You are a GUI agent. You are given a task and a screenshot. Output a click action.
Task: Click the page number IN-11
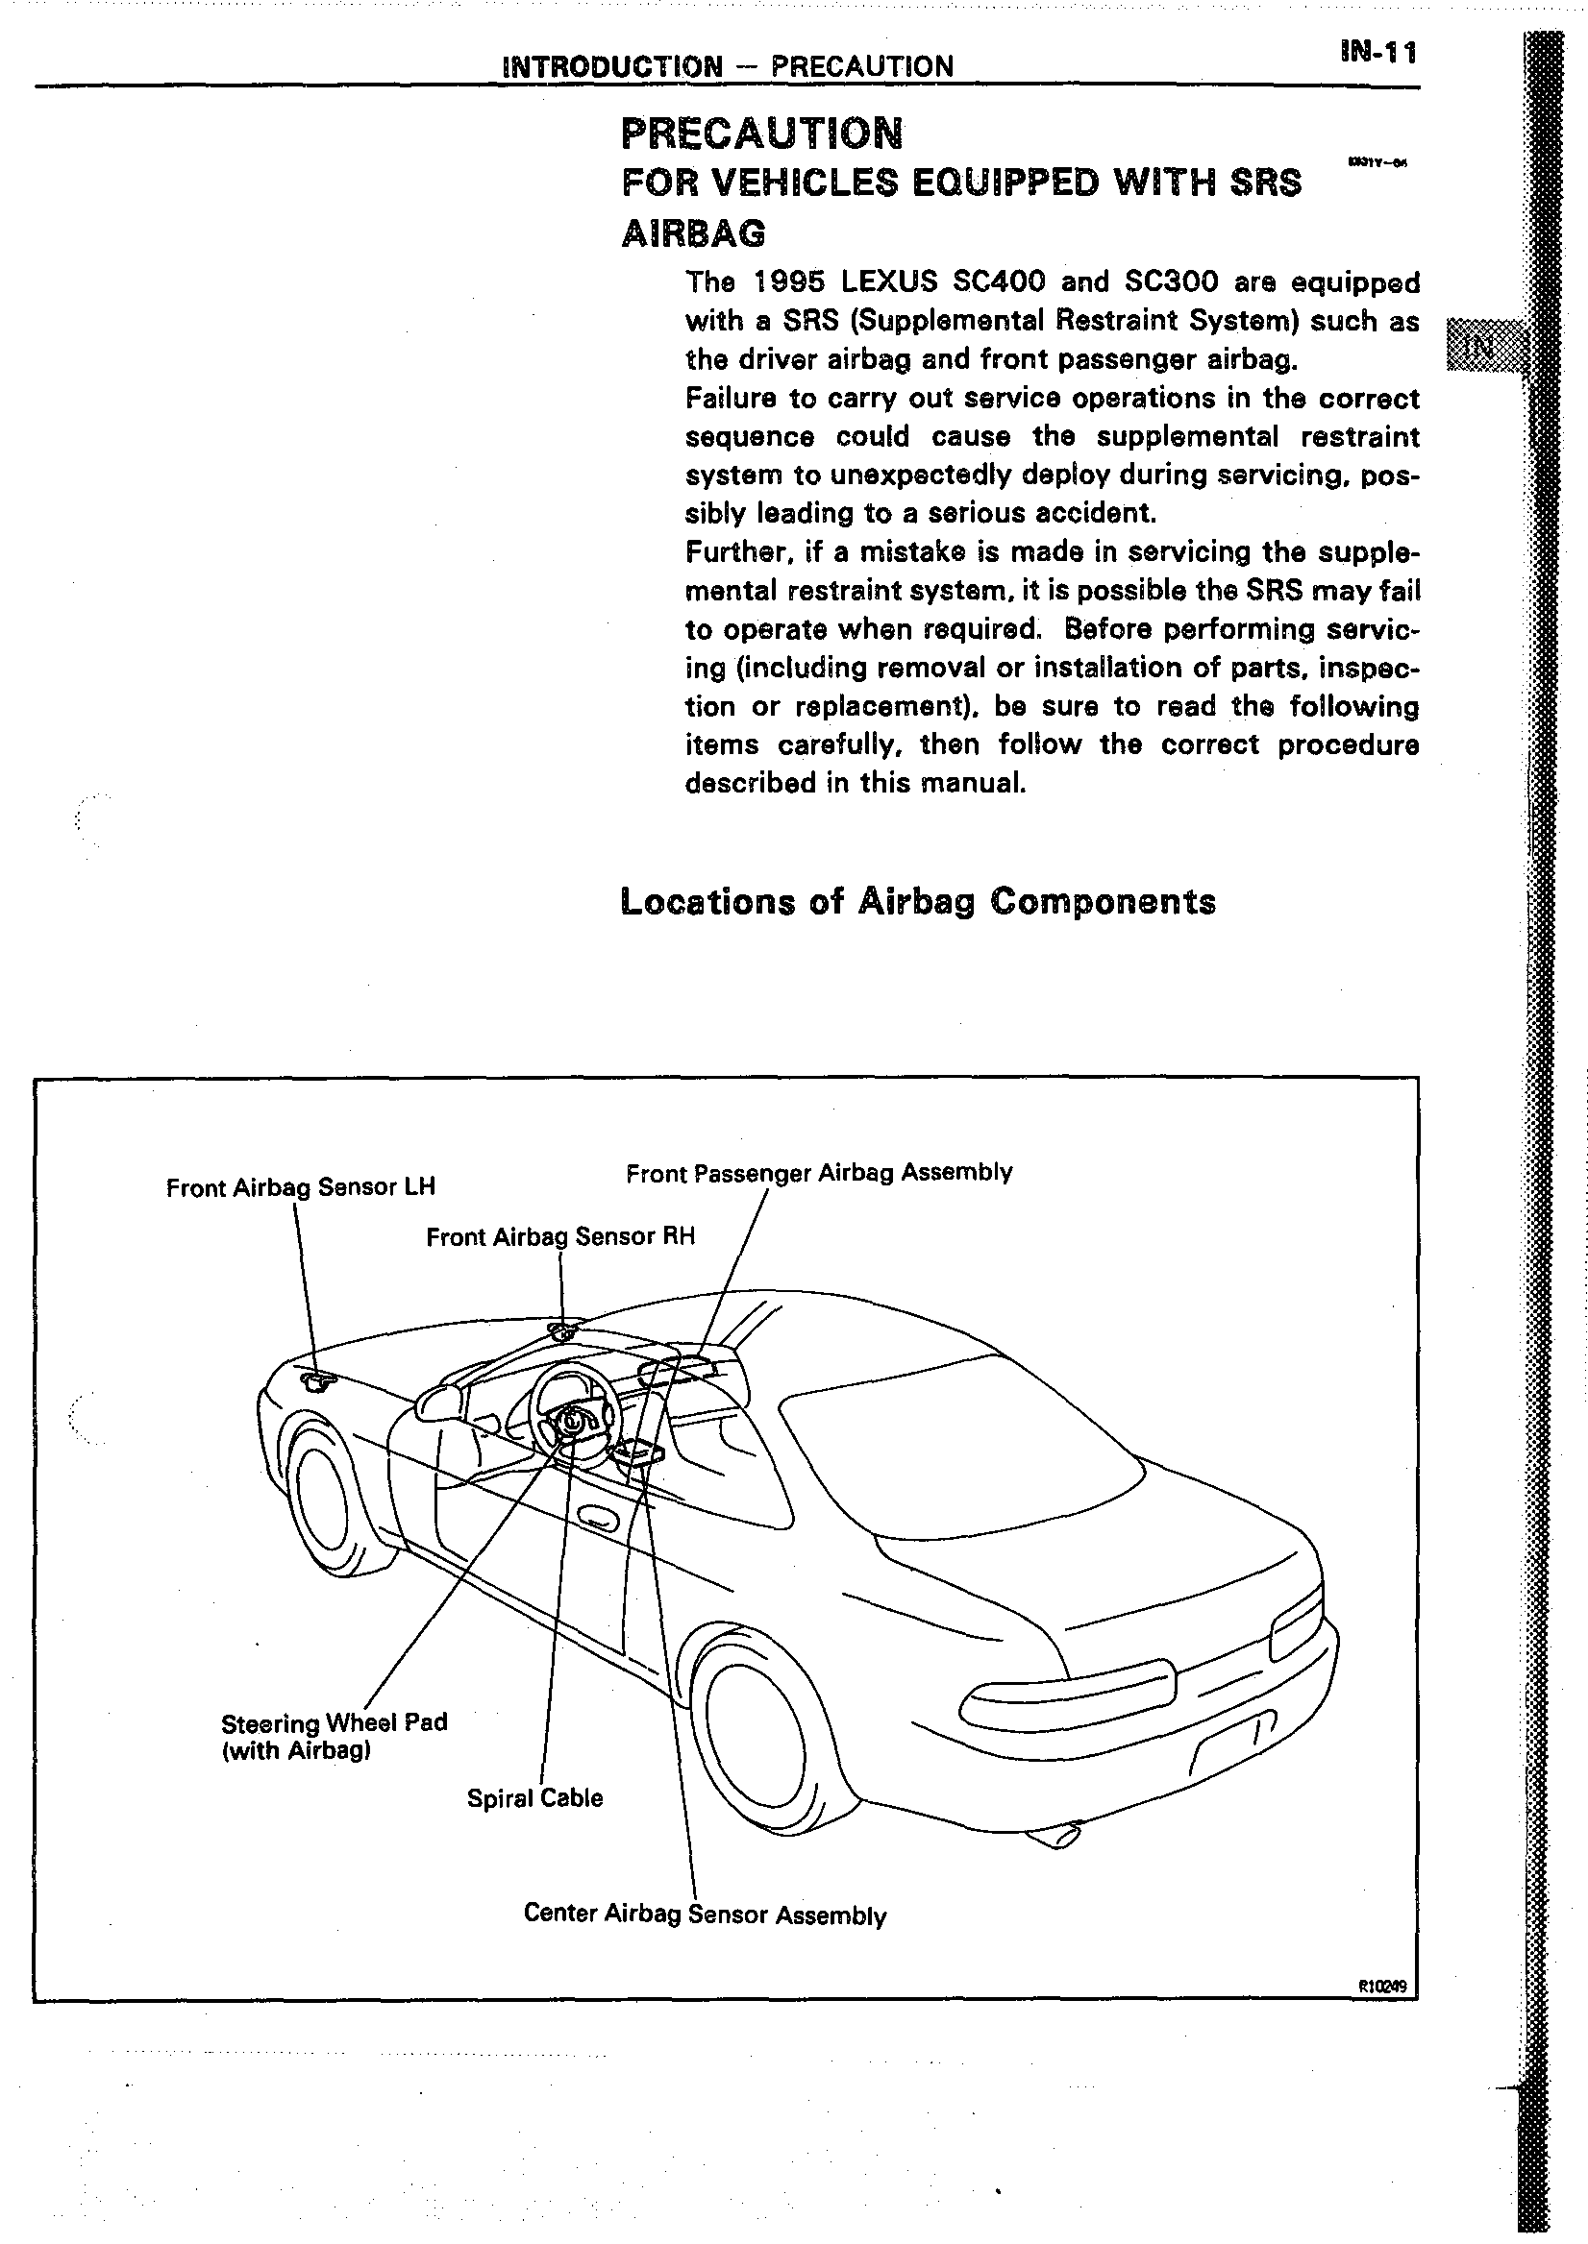click(x=1377, y=53)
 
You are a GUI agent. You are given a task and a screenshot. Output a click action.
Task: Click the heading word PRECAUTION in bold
click(x=761, y=134)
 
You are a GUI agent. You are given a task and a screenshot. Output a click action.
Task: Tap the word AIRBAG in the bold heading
click(x=694, y=233)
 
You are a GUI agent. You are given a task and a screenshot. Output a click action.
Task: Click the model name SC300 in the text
click(x=1171, y=282)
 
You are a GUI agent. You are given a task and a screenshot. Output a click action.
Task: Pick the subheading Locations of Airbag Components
click(x=918, y=901)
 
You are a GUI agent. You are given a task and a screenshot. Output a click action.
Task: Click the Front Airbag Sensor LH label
click(x=300, y=1187)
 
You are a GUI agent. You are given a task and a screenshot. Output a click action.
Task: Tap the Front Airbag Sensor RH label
click(x=560, y=1236)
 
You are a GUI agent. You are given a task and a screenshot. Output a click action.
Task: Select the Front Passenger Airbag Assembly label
click(x=818, y=1172)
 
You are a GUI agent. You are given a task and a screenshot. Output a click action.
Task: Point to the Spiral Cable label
click(x=534, y=1797)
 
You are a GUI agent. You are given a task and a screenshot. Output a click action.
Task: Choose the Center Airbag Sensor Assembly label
click(x=704, y=1914)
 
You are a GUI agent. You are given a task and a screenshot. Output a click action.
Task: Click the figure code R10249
click(x=1380, y=1985)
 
